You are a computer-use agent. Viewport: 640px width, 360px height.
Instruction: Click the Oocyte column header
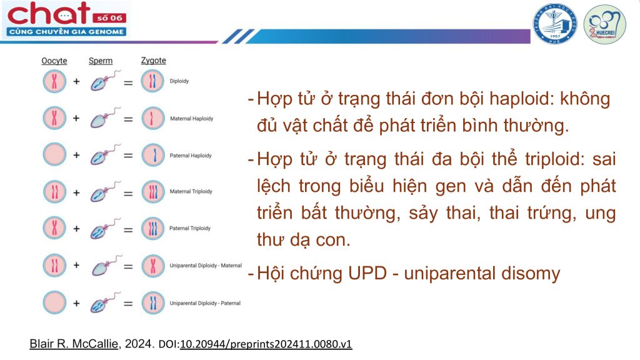(54, 61)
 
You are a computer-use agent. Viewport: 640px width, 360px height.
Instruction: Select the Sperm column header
(101, 61)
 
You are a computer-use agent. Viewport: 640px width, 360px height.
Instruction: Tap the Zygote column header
(154, 61)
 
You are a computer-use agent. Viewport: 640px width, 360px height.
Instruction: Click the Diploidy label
(179, 81)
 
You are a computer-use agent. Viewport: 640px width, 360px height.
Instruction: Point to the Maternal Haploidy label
(191, 118)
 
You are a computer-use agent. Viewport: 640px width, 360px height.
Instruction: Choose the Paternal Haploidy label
(191, 156)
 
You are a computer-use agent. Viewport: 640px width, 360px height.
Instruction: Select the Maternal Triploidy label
(191, 191)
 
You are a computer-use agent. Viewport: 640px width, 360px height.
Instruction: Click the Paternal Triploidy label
(190, 228)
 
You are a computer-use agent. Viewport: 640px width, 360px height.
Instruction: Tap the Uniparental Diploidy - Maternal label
(206, 265)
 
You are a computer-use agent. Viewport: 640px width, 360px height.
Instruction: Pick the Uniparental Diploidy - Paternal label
(205, 303)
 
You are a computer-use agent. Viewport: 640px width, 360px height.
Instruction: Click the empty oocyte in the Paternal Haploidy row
(54, 155)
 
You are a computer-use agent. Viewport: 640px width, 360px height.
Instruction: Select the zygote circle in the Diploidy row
(152, 81)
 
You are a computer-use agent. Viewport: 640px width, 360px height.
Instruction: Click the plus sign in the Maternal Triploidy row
(76, 192)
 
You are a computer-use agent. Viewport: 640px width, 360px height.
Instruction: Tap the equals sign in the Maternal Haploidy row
(128, 119)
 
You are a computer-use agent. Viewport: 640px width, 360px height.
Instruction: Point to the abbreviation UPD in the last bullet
(367, 274)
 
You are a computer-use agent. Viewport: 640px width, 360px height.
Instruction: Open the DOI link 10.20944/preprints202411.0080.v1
(266, 344)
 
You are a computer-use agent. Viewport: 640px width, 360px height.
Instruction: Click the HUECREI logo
(604, 24)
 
